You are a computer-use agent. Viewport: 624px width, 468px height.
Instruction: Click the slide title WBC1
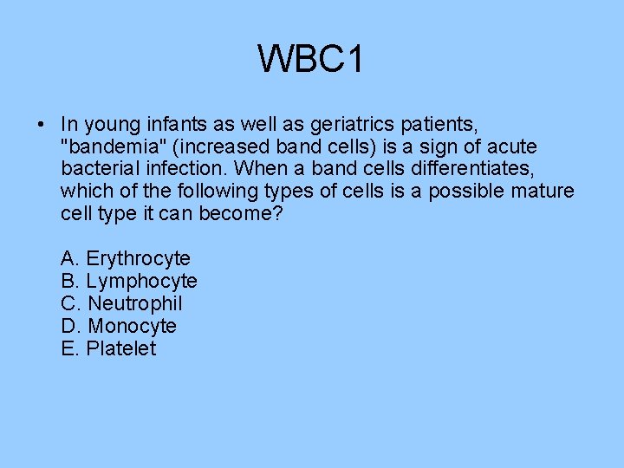click(x=311, y=60)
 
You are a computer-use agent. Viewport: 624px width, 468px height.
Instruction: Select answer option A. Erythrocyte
click(x=126, y=258)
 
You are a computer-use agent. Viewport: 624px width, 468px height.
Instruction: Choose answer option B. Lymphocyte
click(x=129, y=281)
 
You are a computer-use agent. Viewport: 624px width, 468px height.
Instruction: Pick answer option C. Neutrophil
click(x=122, y=303)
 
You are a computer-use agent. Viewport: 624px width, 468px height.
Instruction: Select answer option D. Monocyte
click(x=119, y=326)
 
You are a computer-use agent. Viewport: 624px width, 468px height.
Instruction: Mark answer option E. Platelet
click(x=109, y=348)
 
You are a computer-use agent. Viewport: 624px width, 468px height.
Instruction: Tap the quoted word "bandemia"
click(x=102, y=146)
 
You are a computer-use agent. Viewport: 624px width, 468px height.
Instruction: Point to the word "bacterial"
click(x=99, y=169)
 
